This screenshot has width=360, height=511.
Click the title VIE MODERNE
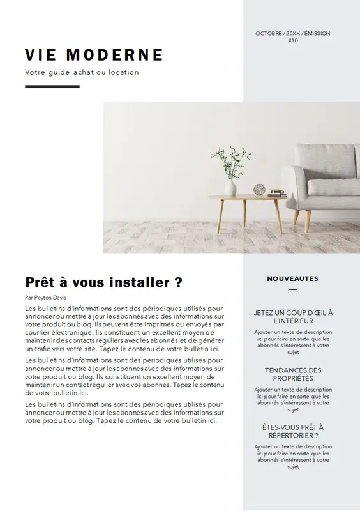pos(94,54)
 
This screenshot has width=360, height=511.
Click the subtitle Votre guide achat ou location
pos(82,72)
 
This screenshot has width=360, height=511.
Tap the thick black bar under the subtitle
pos(52,86)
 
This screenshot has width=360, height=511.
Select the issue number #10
pos(293,40)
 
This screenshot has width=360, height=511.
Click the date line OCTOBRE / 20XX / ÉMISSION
pos(293,33)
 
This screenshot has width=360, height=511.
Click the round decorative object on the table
pos(259,190)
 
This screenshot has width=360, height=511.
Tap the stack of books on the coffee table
pos(276,192)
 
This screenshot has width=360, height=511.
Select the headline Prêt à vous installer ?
pos(104,282)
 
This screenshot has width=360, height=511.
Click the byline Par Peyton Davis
pos(45,297)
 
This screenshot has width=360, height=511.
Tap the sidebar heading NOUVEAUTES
pos(292,278)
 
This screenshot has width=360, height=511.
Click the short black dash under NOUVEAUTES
pos(293,289)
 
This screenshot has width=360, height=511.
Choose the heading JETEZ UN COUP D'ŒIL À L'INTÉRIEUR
pos(293,317)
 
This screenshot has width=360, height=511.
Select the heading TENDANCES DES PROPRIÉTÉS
pos(293,374)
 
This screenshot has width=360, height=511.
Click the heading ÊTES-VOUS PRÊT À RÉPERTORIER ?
pos(293,431)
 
